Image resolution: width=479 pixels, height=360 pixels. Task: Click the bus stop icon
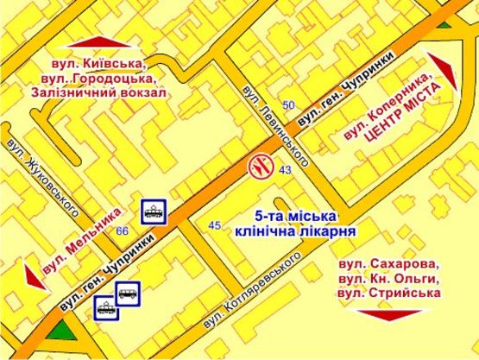[128, 293]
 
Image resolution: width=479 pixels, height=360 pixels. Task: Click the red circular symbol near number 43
[260, 165]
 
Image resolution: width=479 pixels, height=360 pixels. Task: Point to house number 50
[289, 105]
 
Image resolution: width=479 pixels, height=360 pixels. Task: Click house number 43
[285, 171]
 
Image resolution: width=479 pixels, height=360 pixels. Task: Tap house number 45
[216, 225]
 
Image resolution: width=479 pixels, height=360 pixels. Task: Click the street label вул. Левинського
[275, 129]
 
